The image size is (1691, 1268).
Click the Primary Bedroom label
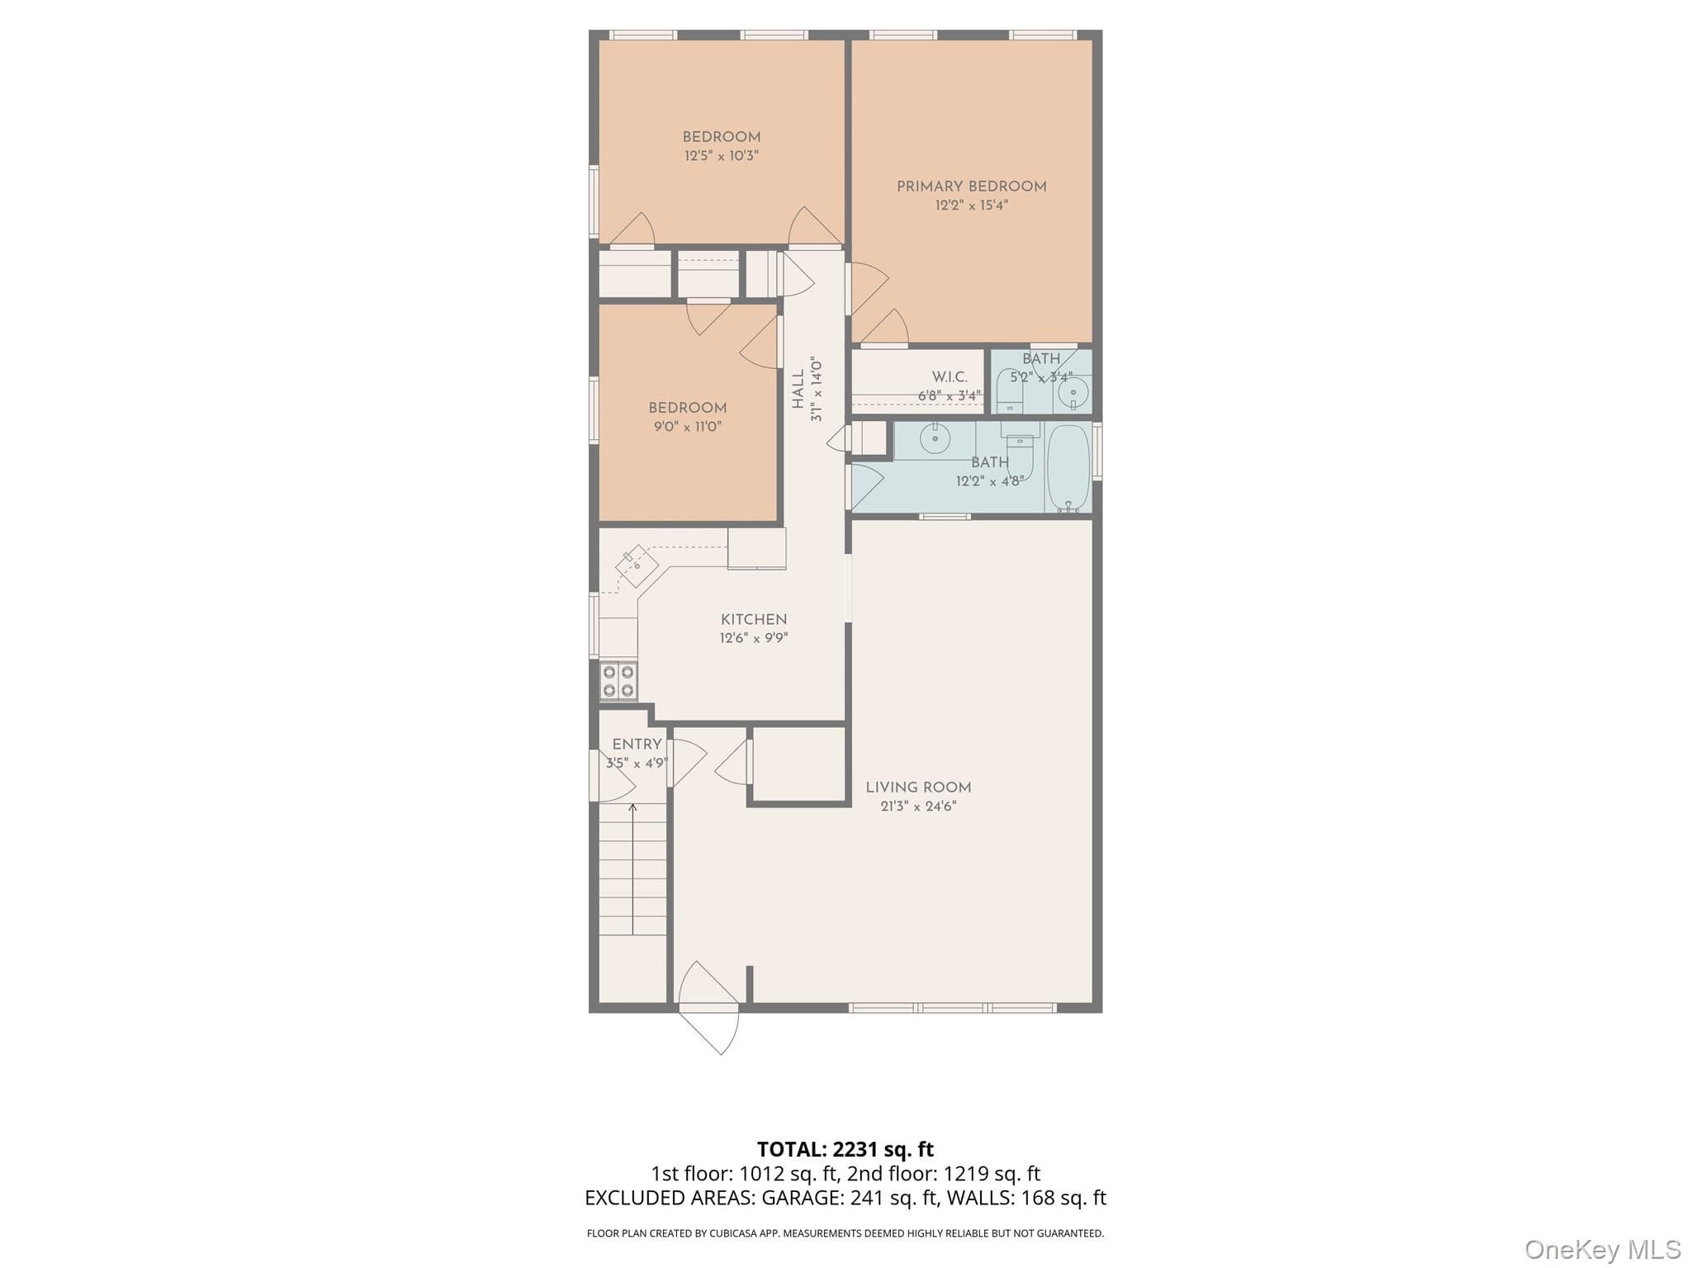tap(971, 187)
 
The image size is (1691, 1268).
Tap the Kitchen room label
tap(754, 619)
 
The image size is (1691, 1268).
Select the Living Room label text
tap(918, 788)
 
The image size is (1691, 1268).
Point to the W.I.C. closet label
tap(950, 376)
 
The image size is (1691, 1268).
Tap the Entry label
tap(637, 744)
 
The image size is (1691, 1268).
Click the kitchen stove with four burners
tap(618, 681)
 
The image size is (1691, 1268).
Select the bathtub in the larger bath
tap(1068, 468)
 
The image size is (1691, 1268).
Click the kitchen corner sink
tap(637, 565)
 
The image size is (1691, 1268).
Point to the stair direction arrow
tap(633, 868)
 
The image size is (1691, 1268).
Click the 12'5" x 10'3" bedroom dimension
tap(721, 155)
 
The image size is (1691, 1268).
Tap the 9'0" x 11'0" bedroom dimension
tap(687, 427)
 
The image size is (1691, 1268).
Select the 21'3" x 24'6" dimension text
tap(918, 807)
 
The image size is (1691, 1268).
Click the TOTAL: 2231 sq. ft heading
tap(845, 1149)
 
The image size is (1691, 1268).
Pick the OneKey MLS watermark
tap(1603, 1249)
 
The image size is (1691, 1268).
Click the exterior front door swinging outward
tap(708, 1008)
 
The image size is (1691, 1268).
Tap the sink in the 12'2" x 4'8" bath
tap(935, 438)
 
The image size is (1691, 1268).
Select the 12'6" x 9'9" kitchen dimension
tap(754, 638)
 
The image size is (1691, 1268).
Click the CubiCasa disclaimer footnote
tap(845, 1233)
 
